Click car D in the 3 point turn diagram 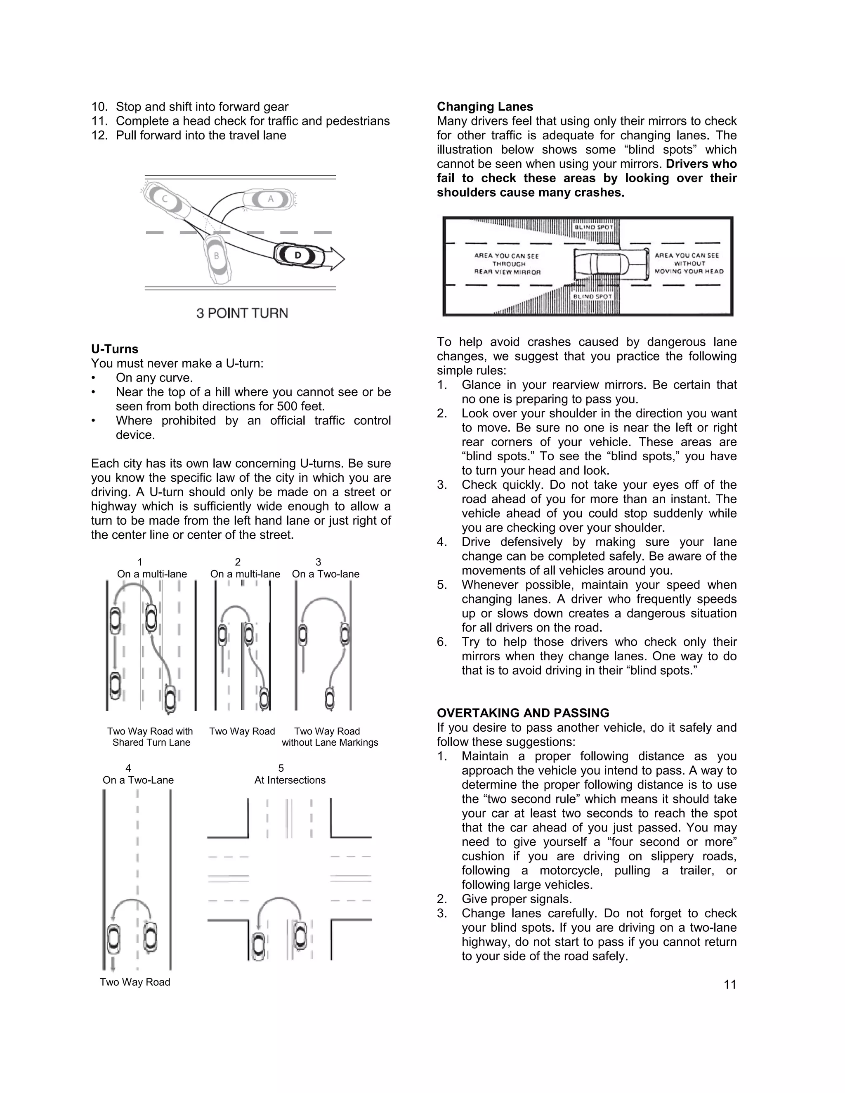[x=298, y=255]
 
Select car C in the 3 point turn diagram [x=166, y=201]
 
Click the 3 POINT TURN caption [x=242, y=313]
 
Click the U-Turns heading [x=115, y=349]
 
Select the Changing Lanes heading [x=484, y=106]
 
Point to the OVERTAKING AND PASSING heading [x=523, y=713]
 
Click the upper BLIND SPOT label [x=593, y=227]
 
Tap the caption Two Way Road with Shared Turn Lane [x=150, y=737]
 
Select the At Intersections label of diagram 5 [x=290, y=780]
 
